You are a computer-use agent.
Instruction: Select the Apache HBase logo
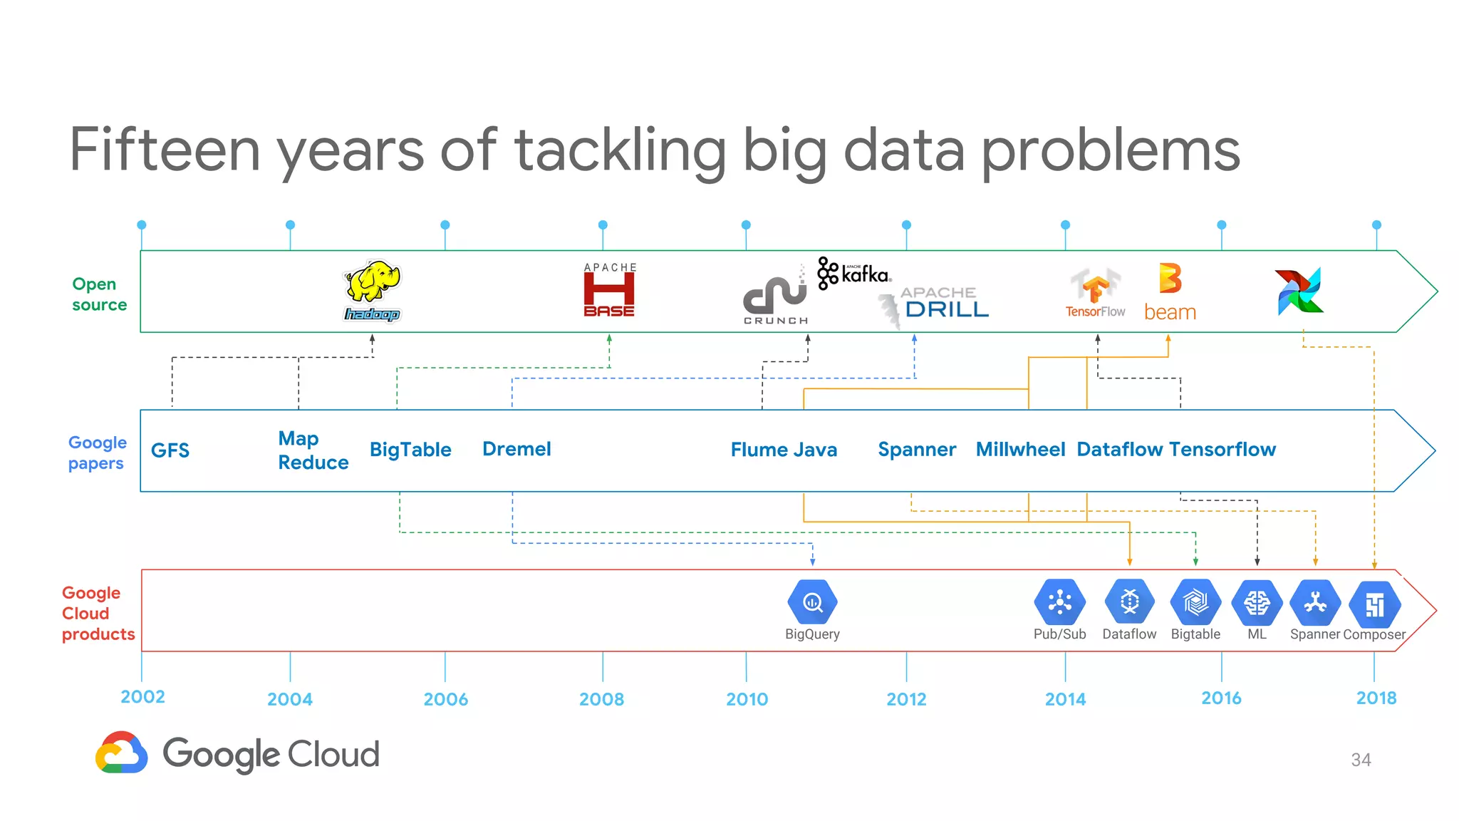[609, 291]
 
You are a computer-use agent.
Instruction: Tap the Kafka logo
[854, 274]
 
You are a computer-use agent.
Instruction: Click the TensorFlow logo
[1096, 292]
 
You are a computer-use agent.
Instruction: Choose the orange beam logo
[1170, 293]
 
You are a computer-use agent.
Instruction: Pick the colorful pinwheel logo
[1299, 291]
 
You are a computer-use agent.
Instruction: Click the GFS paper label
[170, 450]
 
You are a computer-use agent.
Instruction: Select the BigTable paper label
[410, 450]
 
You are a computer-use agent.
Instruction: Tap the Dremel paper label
[516, 449]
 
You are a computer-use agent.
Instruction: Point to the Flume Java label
[784, 450]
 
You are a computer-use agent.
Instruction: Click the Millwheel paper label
[1020, 450]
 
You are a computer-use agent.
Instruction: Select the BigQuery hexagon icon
[812, 603]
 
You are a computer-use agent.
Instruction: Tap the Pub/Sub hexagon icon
[1059, 603]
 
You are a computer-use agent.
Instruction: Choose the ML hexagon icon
[1257, 603]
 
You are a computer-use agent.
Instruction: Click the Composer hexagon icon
[1375, 604]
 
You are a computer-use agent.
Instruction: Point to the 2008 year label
[601, 699]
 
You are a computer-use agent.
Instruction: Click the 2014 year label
[1065, 699]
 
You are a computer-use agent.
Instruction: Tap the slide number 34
[1361, 760]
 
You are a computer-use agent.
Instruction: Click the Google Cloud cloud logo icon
[122, 753]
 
